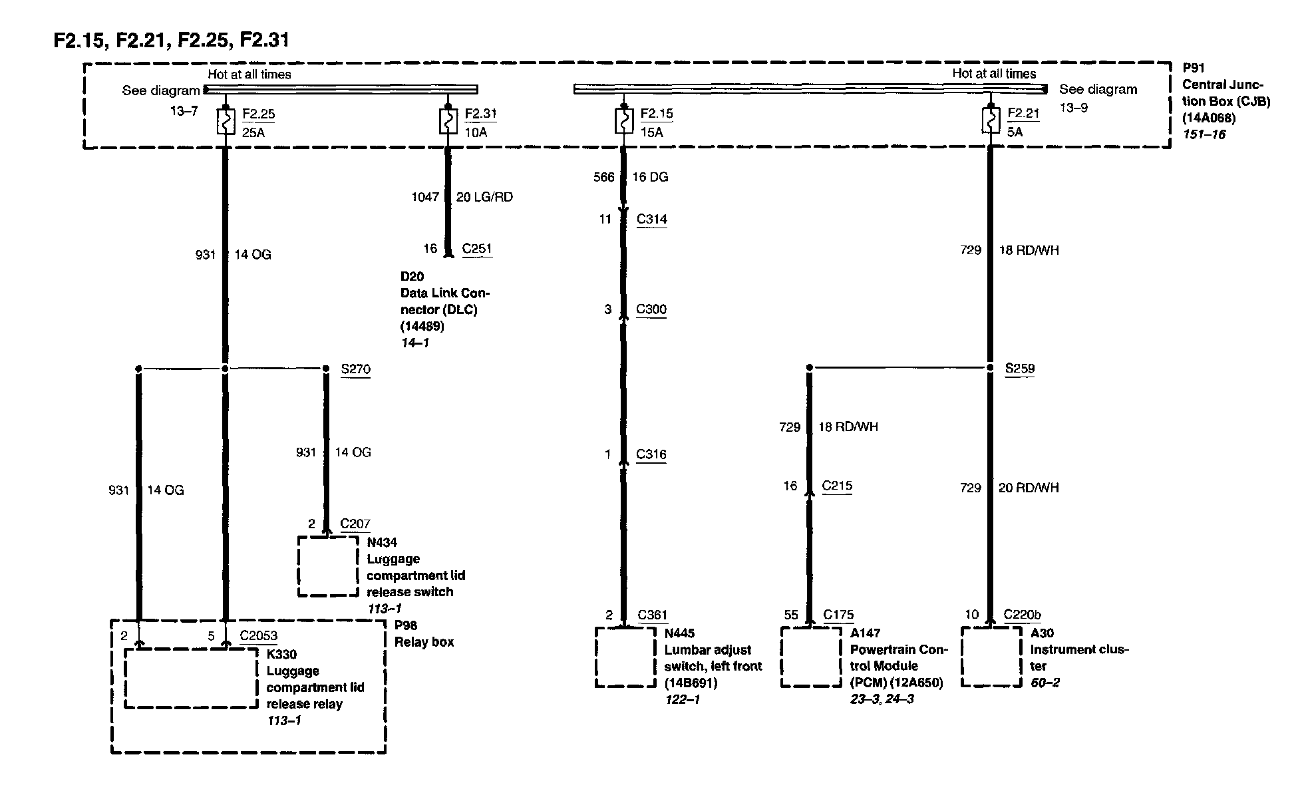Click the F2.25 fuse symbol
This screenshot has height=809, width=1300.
[225, 122]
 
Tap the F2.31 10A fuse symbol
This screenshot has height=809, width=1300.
[448, 122]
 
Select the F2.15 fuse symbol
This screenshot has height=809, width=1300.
[623, 122]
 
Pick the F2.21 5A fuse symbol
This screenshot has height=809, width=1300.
[990, 122]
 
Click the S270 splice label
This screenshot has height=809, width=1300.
[355, 369]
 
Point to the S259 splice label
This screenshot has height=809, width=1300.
[1019, 369]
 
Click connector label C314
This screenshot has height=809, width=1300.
[651, 220]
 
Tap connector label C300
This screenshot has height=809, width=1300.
[651, 309]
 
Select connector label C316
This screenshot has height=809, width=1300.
[651, 454]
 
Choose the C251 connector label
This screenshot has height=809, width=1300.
[477, 249]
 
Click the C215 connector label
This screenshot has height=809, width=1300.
[837, 486]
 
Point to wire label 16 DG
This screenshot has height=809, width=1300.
[650, 177]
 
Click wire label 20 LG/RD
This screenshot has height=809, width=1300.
[484, 197]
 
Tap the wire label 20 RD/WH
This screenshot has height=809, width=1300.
[1029, 488]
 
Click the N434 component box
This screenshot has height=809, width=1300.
[328, 566]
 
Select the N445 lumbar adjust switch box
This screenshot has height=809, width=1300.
[625, 657]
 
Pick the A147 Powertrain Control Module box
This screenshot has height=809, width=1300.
[811, 657]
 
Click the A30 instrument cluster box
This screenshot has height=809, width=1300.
[991, 657]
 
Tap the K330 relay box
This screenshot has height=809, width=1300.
[191, 679]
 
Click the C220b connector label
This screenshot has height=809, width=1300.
[1023, 615]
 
